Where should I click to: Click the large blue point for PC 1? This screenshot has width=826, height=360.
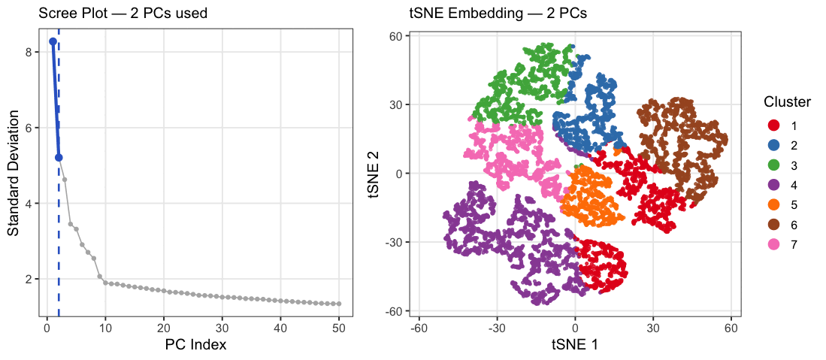53,41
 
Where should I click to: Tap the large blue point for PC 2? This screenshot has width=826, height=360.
59,158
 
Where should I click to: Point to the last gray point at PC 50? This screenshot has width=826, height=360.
339,304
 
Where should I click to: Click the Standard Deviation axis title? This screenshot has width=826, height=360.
14,172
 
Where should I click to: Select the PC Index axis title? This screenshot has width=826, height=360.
195,345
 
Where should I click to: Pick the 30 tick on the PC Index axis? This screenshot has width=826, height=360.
222,328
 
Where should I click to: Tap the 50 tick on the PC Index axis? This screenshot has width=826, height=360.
339,328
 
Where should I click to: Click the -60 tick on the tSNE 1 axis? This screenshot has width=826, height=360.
419,328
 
